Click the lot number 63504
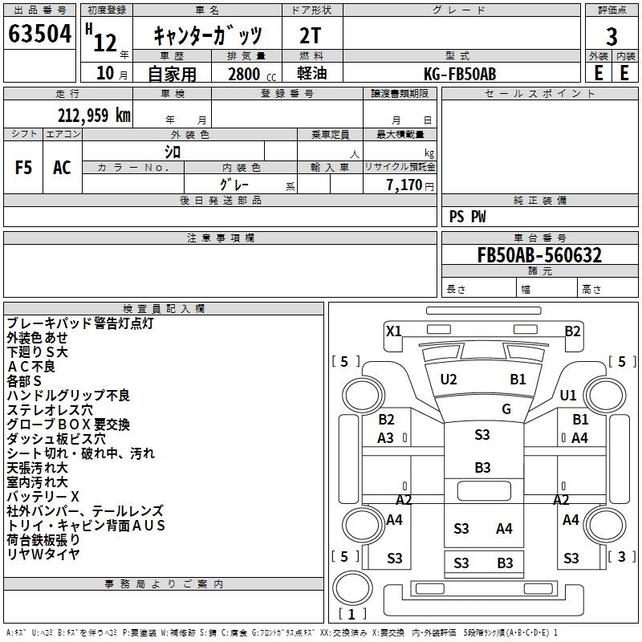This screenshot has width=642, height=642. pyautogui.click(x=39, y=35)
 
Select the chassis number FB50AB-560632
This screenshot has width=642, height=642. pyautogui.click(x=539, y=255)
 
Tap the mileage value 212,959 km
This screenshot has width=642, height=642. pyautogui.click(x=93, y=115)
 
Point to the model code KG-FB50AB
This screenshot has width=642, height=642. pyautogui.click(x=460, y=74)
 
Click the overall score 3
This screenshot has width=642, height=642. pyautogui.click(x=612, y=37)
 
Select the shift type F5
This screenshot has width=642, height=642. pyautogui.click(x=23, y=168)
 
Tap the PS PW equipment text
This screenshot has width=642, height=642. pyautogui.click(x=468, y=217)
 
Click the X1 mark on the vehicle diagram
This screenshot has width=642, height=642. pyautogui.click(x=393, y=331)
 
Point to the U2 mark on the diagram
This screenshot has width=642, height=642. pyautogui.click(x=449, y=380)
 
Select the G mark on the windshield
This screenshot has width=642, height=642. pyautogui.click(x=506, y=409)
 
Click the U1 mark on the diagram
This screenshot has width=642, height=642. pyautogui.click(x=568, y=395)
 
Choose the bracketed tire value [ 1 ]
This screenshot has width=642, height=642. pyautogui.click(x=352, y=614)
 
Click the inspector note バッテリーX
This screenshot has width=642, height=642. pyautogui.click(x=43, y=496)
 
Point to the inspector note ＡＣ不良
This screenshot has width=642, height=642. pyautogui.click(x=31, y=367)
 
